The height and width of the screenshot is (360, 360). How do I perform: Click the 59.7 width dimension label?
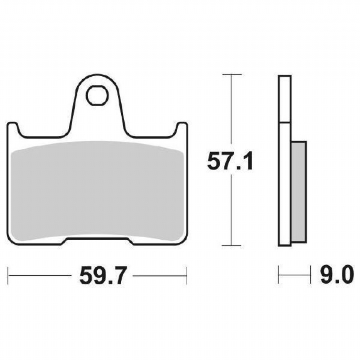point(103,275)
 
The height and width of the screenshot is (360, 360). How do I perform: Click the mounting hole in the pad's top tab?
point(97,95)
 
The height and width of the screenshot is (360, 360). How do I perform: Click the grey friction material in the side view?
point(299,192)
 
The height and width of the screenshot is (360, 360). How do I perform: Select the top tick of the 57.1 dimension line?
point(232,75)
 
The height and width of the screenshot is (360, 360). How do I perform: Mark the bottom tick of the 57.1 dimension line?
point(231,246)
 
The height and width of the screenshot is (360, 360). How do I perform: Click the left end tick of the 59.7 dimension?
point(8,275)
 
